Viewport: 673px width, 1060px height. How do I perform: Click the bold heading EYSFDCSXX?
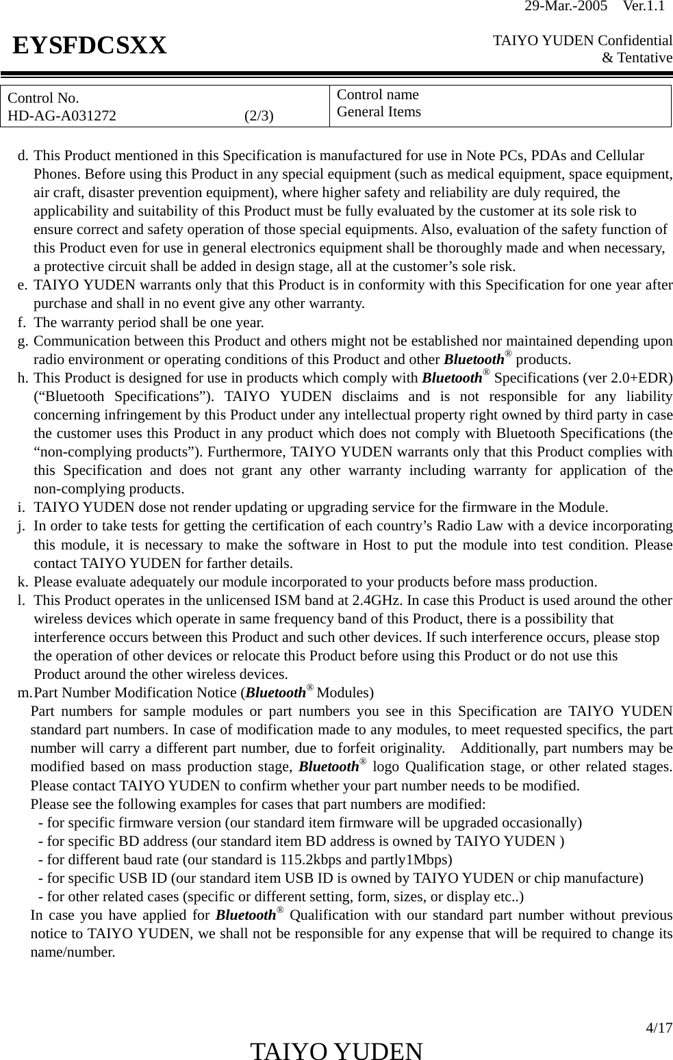coord(90,46)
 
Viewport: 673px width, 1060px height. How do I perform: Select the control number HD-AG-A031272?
coord(62,115)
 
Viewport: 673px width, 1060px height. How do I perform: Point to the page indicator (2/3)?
coord(259,115)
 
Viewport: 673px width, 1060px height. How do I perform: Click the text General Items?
coord(379,112)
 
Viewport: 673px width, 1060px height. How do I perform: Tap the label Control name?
coord(378,94)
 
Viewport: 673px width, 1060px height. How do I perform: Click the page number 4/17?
coord(659,1028)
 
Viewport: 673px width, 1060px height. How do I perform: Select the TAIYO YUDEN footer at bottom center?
coord(336,1050)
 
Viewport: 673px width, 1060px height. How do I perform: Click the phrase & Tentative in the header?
coord(636,58)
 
